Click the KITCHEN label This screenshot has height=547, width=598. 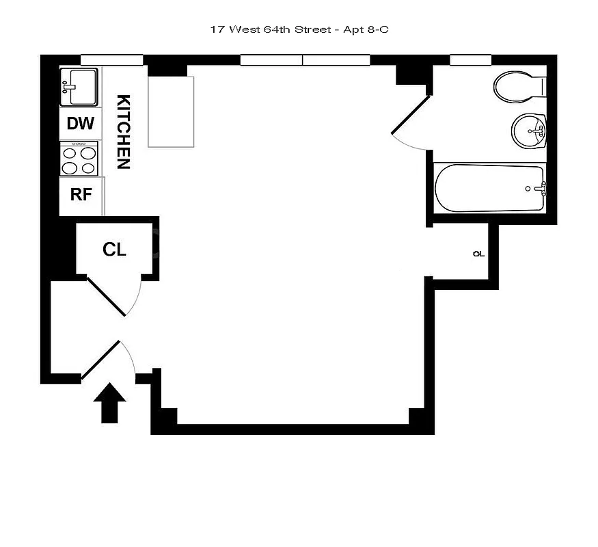[x=123, y=131]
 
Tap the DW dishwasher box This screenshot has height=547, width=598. [x=81, y=124]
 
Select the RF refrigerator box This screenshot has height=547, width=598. [x=81, y=194]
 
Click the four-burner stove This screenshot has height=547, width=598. [x=79, y=159]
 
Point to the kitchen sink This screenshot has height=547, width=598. [x=79, y=87]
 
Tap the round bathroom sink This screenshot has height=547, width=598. [x=529, y=129]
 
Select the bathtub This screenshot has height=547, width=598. [x=489, y=189]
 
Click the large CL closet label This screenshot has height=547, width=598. [x=114, y=250]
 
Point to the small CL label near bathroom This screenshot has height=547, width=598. [x=478, y=254]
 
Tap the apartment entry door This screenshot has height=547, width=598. [x=101, y=359]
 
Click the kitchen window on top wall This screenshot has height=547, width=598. [x=111, y=60]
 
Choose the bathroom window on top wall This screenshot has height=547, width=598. [x=471, y=60]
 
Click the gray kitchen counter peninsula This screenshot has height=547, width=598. [x=172, y=112]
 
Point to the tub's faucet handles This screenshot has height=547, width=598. [x=543, y=189]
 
